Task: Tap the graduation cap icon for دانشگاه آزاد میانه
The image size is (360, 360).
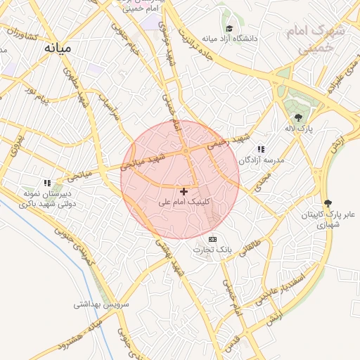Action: click(x=229, y=29)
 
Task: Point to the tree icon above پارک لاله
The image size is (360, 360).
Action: click(x=298, y=117)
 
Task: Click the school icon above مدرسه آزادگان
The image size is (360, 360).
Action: click(x=262, y=149)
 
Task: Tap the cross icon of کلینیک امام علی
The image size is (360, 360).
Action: click(x=184, y=191)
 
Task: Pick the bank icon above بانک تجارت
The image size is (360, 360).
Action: click(x=213, y=240)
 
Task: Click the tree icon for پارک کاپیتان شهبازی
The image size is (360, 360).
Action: click(x=326, y=202)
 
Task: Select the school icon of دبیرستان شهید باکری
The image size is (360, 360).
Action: click(x=48, y=184)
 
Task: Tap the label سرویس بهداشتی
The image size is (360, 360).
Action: click(x=102, y=305)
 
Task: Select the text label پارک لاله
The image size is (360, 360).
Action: click(x=299, y=129)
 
